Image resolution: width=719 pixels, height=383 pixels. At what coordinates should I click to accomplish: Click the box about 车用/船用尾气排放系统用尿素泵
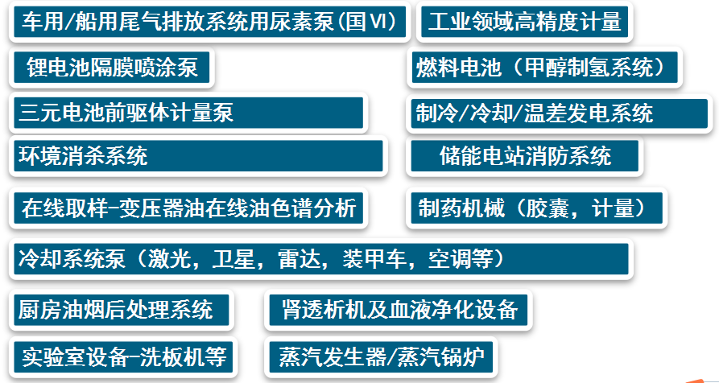point(209,22)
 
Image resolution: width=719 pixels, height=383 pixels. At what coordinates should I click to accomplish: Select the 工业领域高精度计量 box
point(525,22)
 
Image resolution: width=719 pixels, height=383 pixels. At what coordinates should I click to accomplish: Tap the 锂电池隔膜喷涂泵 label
point(113,68)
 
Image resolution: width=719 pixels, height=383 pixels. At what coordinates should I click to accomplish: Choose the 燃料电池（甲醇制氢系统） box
point(544,68)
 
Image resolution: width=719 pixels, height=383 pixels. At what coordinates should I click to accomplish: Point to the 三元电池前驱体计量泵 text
point(126,113)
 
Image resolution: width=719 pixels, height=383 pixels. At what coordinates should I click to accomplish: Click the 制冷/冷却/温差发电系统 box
point(559,113)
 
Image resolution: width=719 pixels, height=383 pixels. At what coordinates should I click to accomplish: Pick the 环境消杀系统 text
point(83,156)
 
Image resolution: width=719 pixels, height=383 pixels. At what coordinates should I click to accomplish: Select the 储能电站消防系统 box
point(525,156)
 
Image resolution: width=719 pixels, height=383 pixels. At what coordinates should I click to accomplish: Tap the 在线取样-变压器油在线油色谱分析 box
point(188,208)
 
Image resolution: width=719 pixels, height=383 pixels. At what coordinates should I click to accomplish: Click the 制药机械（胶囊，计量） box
point(536,208)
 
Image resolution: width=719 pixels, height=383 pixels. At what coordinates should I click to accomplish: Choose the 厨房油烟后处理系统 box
point(121,310)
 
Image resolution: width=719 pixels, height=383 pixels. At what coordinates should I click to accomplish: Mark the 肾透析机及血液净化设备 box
point(398,310)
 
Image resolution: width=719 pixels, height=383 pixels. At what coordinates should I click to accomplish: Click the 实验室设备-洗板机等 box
point(123,357)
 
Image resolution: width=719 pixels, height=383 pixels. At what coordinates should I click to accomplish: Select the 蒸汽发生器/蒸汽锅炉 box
point(381,357)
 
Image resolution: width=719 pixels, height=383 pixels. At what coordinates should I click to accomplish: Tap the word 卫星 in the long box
point(233,259)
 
